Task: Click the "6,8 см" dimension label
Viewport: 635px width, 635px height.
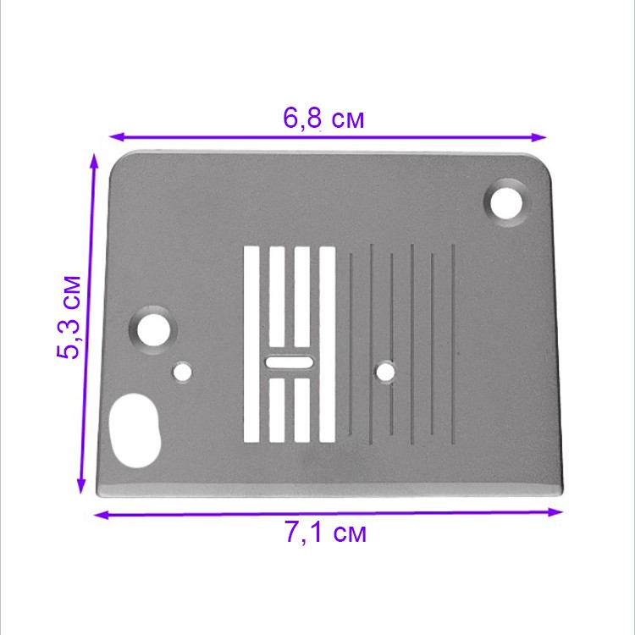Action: pos(323,119)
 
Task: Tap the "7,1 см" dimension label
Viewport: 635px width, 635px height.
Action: pos(325,534)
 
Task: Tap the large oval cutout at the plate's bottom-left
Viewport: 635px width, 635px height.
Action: pos(134,430)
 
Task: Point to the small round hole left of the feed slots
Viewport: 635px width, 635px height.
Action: pos(181,372)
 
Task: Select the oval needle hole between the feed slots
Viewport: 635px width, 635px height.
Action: pos(289,362)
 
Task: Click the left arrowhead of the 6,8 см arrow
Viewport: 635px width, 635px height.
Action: pos(116,135)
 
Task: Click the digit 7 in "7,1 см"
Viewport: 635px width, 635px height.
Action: pos(292,534)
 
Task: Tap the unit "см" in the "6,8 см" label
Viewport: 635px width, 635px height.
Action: pos(347,119)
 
